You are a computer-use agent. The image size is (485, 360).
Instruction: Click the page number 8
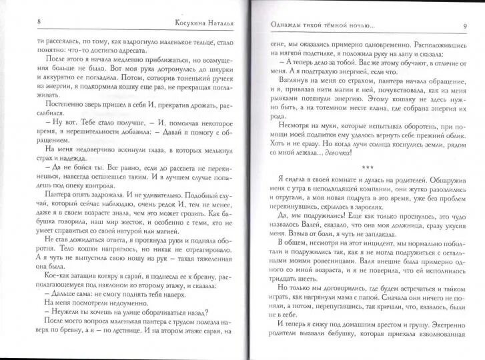[x=39, y=23]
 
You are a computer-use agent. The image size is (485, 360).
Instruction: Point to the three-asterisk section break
[x=366, y=166]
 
